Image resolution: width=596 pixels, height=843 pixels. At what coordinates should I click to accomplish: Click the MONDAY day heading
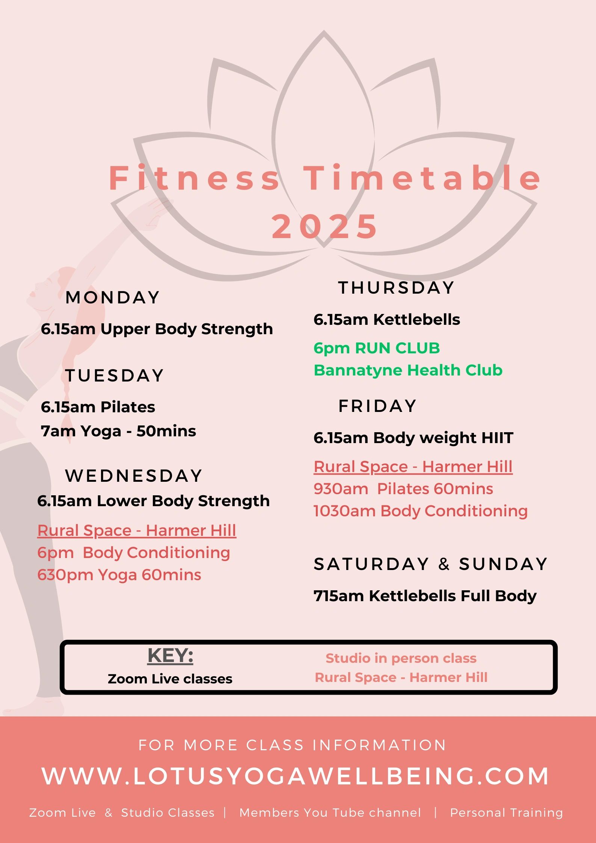pos(113,297)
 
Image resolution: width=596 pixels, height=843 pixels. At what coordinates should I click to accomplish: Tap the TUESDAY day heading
pos(115,376)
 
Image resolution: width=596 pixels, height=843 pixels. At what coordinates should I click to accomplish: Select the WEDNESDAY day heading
pos(134,476)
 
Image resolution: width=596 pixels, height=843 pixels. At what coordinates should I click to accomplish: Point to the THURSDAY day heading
pos(397,288)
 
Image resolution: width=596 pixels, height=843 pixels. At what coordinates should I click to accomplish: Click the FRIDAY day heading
pos(377,406)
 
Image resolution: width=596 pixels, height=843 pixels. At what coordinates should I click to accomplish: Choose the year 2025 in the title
pos(324,226)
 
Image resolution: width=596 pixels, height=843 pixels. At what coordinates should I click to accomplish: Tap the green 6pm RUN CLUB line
pos(377,348)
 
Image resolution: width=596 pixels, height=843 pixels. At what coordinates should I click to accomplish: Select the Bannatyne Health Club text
pos(408,370)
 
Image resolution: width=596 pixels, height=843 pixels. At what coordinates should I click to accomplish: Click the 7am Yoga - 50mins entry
pos(118,431)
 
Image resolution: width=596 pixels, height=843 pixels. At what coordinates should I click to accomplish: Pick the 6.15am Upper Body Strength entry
pos(157,329)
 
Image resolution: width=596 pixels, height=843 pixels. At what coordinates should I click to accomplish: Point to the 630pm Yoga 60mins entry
pos(119,575)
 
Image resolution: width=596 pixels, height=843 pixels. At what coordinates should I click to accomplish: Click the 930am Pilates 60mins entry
pos(403,489)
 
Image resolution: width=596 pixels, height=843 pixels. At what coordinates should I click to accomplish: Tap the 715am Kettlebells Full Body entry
pos(425,596)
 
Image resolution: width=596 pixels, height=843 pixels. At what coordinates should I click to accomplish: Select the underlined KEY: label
pos(170,656)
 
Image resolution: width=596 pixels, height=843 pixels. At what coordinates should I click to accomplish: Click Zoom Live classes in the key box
pos(170,679)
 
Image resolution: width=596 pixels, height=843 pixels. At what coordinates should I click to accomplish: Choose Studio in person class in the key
pos(401,658)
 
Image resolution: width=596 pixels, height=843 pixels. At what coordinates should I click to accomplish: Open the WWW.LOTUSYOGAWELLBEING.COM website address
pos(296,776)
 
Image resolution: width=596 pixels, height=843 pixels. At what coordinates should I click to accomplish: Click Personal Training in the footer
pos(506,813)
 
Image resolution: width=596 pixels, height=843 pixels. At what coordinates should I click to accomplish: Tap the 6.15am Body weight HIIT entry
pos(413,438)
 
